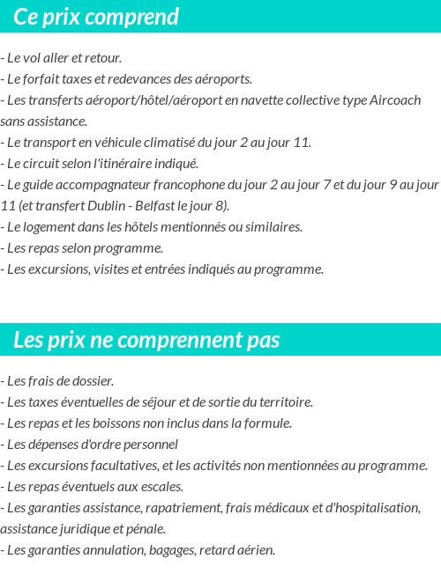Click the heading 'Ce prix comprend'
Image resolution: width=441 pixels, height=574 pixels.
point(96,17)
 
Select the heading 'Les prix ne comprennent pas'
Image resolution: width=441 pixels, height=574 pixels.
point(146,340)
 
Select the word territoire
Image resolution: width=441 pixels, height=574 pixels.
point(283,402)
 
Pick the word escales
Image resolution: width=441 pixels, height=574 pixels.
point(161,487)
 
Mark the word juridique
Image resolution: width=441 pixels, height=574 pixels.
point(83,529)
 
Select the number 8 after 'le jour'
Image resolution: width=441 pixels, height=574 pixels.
point(220,206)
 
